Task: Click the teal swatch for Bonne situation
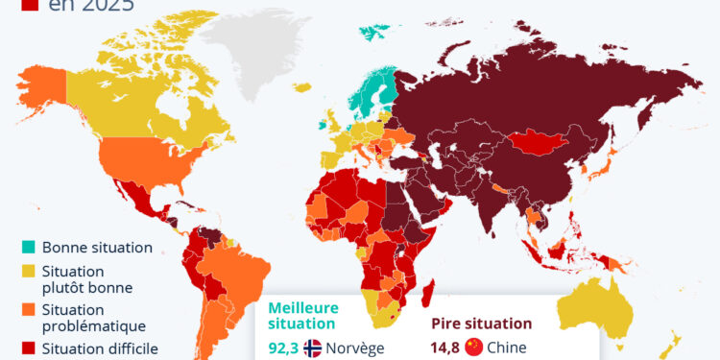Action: click(28, 247)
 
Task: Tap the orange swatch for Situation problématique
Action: click(28, 309)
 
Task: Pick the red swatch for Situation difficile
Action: click(28, 349)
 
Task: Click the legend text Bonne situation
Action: click(97, 247)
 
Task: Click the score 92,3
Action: click(282, 348)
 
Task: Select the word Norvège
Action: click(355, 348)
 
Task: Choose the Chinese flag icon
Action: click(472, 348)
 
